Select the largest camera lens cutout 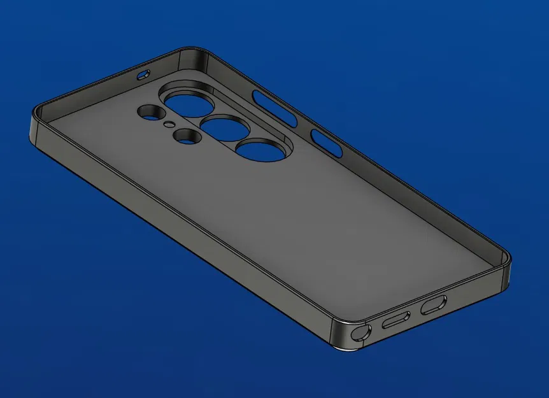pos(185,102)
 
